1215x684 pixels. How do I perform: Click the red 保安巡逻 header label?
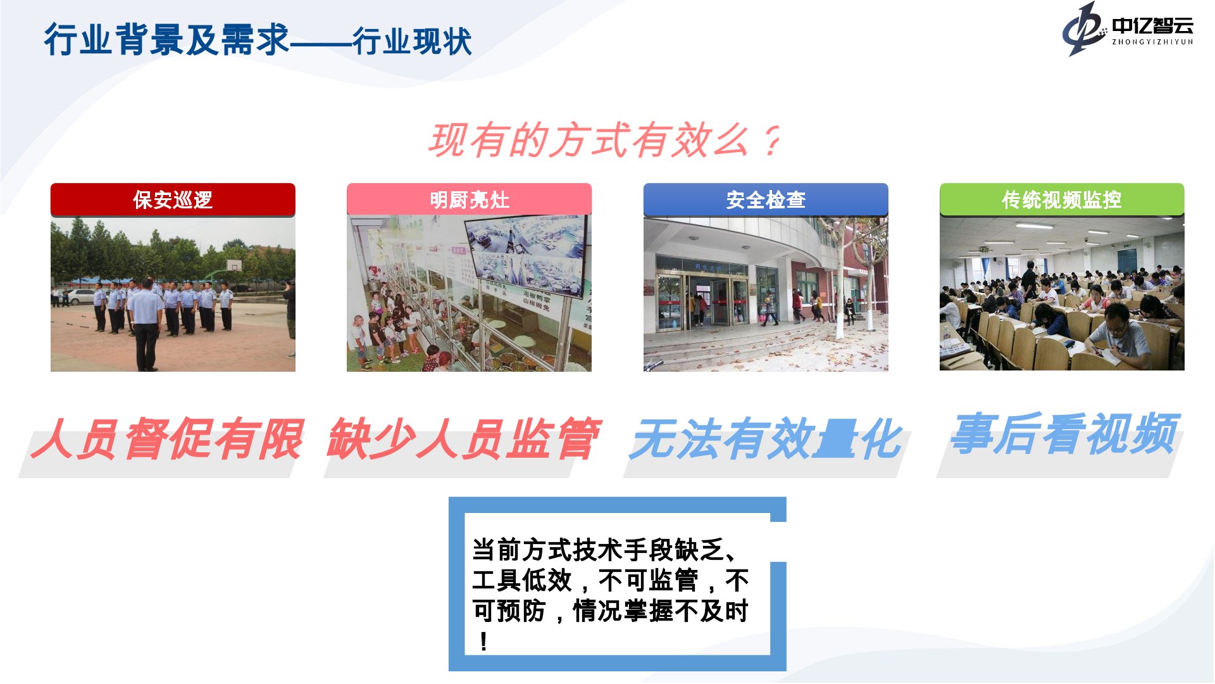[173, 199]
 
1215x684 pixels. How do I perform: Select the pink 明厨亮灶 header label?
[469, 199]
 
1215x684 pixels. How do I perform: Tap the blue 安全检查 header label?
[766, 199]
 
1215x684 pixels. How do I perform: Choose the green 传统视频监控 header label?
[1062, 199]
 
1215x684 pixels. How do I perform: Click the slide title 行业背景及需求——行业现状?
[258, 40]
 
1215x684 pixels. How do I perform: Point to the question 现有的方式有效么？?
[604, 140]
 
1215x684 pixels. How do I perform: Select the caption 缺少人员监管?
[464, 438]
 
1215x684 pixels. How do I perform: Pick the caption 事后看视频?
[1065, 434]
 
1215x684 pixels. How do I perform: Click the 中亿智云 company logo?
[1128, 29]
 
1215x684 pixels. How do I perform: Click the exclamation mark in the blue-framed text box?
[484, 642]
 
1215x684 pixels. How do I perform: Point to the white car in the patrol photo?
[81, 296]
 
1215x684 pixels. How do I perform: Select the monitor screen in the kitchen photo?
[525, 253]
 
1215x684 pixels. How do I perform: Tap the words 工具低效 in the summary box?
[523, 580]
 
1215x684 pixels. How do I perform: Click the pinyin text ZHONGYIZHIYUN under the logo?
[1152, 42]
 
